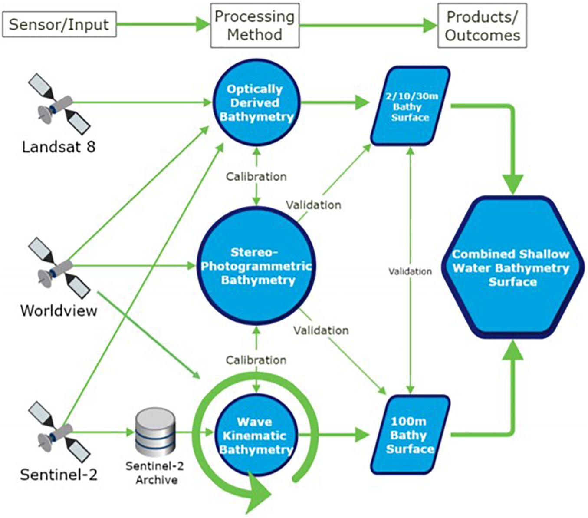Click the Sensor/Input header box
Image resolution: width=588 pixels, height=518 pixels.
(x=59, y=24)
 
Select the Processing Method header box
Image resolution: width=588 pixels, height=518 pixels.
(x=255, y=26)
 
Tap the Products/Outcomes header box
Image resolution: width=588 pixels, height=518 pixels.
(x=483, y=26)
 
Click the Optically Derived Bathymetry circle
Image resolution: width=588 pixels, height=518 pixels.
(x=256, y=102)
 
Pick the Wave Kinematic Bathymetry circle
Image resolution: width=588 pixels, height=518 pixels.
(x=256, y=436)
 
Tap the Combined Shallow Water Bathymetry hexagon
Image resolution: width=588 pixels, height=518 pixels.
(x=512, y=267)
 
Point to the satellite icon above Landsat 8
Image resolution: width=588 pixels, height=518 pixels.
(x=59, y=104)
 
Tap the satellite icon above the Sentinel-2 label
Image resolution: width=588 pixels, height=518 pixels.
(x=59, y=432)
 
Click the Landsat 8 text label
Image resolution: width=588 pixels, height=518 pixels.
(x=59, y=147)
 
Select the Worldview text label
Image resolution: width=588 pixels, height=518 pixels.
(x=59, y=311)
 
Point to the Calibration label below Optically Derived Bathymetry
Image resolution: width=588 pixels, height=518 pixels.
(x=256, y=177)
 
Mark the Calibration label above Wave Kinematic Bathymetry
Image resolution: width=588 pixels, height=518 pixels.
(x=256, y=360)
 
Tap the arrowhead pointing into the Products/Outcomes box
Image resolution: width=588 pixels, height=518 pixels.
(x=430, y=26)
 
